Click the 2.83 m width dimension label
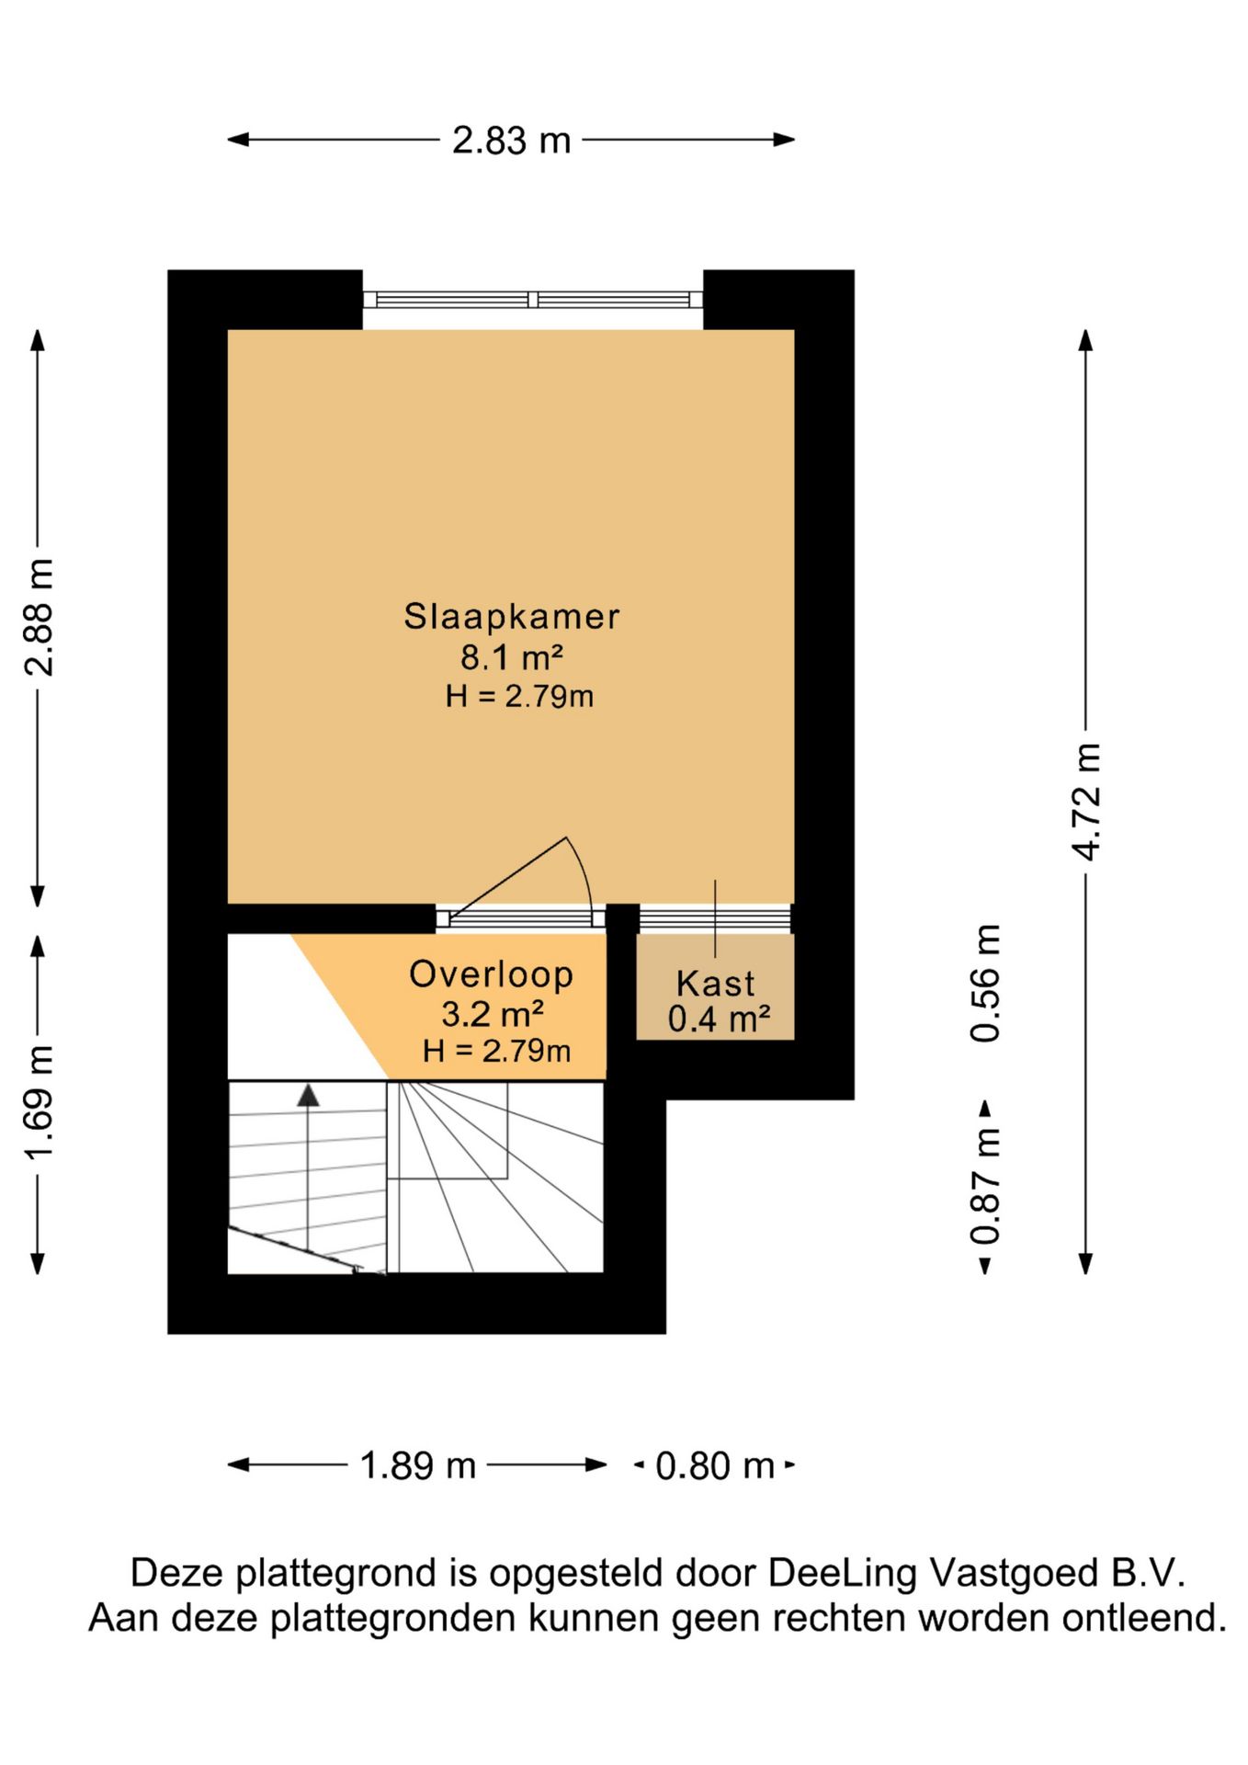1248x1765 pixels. [x=511, y=141]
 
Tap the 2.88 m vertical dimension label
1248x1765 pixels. [x=40, y=617]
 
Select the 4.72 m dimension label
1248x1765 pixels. [x=1086, y=802]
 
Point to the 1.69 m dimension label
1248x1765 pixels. [x=40, y=1100]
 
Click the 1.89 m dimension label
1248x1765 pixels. [x=417, y=1465]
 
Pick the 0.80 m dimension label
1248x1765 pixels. [x=715, y=1465]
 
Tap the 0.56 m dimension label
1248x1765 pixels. [x=985, y=983]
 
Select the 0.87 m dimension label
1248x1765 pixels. [x=985, y=1186]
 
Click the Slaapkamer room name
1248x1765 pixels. [x=512, y=616]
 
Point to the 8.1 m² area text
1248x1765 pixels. [x=512, y=658]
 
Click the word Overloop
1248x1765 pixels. [x=491, y=974]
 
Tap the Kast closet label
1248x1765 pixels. [x=715, y=984]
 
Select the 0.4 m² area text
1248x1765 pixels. [x=719, y=1019]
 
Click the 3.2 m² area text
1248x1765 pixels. [x=493, y=1014]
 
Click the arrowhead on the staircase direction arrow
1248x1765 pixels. [x=308, y=1095]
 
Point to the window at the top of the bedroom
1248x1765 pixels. [x=533, y=300]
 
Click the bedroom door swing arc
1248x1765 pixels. [x=583, y=871]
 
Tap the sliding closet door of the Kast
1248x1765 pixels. [x=715, y=917]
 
